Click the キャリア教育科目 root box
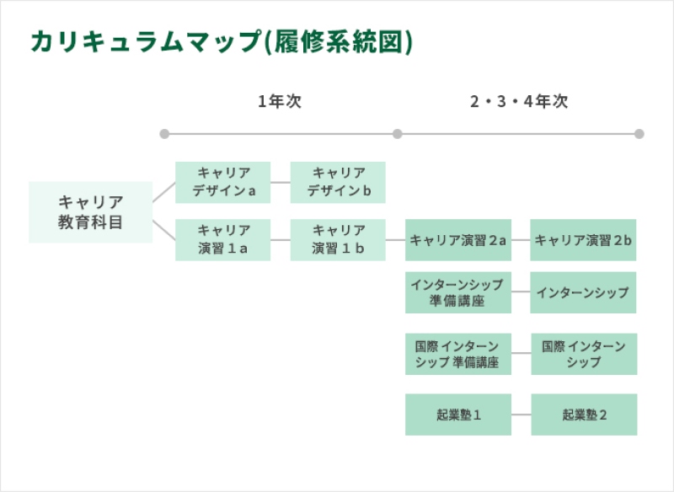[91, 212]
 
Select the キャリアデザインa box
[222, 182]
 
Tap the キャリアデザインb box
[338, 182]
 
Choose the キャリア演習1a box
[222, 240]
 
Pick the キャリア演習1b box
[338, 240]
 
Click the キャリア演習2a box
[458, 240]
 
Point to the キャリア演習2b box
[583, 240]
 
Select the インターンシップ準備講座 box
[458, 292]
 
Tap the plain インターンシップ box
[583, 292]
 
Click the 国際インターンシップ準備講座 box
[458, 354]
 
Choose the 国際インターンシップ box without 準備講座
[584, 354]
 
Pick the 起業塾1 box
[458, 414]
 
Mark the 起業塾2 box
[584, 414]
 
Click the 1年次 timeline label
[280, 101]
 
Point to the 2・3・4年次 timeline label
[519, 101]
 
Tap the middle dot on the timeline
[397, 134]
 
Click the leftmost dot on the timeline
[164, 134]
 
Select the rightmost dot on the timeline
[639, 134]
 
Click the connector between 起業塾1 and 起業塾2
[522, 414]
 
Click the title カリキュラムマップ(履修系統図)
[222, 41]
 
